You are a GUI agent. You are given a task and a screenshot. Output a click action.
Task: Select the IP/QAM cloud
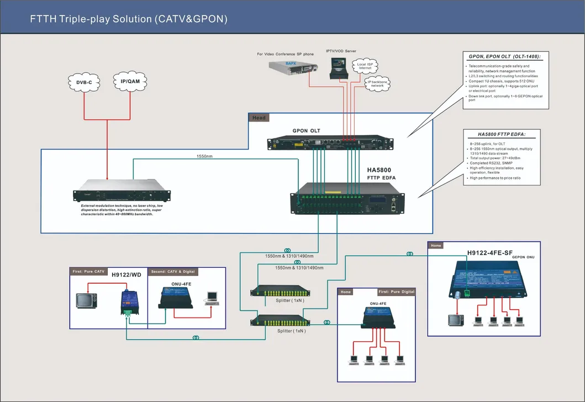point(130,81)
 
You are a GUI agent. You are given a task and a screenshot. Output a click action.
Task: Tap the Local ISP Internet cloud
point(365,66)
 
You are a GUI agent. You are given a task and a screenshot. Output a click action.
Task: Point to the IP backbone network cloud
point(377,84)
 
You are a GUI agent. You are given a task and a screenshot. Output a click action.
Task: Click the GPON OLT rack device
point(330,143)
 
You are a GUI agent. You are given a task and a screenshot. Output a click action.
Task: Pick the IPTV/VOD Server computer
point(338,68)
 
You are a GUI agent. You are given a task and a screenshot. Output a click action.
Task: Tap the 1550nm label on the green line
point(205,156)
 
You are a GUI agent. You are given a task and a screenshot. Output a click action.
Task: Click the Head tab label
point(259,118)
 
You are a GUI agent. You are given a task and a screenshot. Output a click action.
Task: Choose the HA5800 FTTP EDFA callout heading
point(502,134)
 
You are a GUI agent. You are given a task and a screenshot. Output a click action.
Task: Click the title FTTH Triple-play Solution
point(128,19)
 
